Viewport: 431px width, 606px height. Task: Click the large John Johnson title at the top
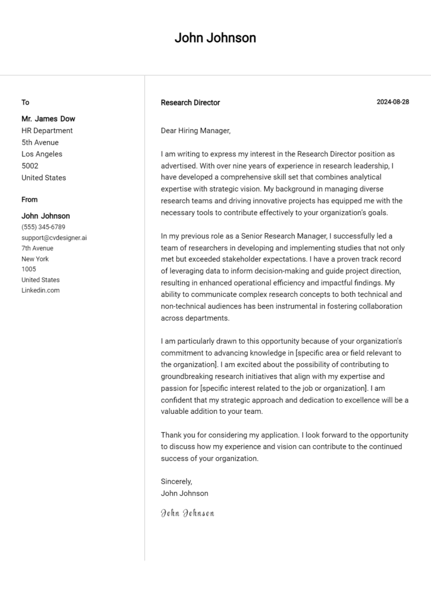click(x=215, y=38)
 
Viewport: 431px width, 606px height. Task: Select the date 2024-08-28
click(x=392, y=102)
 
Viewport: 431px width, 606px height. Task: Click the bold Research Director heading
click(x=190, y=103)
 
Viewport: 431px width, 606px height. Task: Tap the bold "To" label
click(x=25, y=102)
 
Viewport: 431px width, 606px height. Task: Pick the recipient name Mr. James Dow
click(x=48, y=119)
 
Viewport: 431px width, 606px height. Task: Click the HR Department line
click(x=47, y=130)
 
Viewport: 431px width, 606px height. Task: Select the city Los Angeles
click(x=42, y=154)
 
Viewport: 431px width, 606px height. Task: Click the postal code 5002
click(x=30, y=166)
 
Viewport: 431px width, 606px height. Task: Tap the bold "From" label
click(x=30, y=200)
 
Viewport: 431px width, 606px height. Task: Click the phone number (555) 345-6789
click(x=43, y=227)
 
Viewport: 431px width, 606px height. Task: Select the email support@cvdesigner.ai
click(x=54, y=238)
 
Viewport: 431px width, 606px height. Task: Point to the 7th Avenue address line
click(x=37, y=248)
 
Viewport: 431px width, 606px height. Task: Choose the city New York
click(x=35, y=259)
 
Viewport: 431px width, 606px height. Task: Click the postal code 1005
click(x=29, y=269)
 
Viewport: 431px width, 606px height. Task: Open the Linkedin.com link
click(x=40, y=291)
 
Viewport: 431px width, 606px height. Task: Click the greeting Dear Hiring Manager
click(x=195, y=130)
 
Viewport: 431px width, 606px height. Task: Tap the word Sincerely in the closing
click(x=176, y=482)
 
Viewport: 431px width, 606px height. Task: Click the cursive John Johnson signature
click(x=187, y=513)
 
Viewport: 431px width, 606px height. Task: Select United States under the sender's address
click(x=40, y=280)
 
